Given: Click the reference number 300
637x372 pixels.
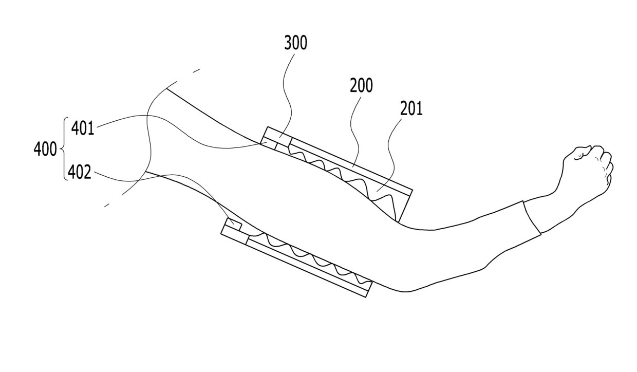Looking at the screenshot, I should coord(295,44).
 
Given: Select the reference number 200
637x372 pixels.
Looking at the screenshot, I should coord(361,86).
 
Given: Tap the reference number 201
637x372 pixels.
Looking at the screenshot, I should coord(411,109).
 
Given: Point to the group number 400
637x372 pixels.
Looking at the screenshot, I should coord(45,150).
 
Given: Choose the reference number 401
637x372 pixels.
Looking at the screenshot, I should coord(83,128).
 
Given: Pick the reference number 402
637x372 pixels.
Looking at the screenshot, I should coord(80,172).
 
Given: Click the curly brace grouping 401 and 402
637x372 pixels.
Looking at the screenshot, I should coord(64,150).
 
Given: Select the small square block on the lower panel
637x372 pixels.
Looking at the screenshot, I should coord(234,224).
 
